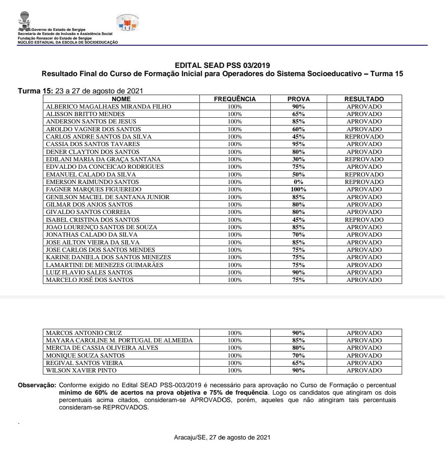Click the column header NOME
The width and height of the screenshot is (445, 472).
[x=121, y=99]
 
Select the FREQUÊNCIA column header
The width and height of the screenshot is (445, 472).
[x=234, y=99]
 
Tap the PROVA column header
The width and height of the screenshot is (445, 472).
[x=298, y=99]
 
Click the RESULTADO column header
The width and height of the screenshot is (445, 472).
[x=364, y=99]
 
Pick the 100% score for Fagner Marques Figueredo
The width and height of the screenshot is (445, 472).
[x=298, y=190]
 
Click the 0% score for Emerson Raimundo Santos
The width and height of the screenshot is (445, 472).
[x=298, y=182]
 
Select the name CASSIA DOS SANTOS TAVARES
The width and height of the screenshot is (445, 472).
[x=93, y=144]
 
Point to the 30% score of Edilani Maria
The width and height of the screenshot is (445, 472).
[x=298, y=159]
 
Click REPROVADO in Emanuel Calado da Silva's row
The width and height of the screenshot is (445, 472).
[x=364, y=174]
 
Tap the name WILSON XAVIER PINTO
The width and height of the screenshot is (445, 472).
[x=81, y=370]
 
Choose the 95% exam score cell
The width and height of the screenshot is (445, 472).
[x=298, y=144]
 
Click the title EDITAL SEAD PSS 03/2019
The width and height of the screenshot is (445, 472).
[x=222, y=65]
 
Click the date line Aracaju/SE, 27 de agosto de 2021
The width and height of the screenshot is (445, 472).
[x=222, y=437]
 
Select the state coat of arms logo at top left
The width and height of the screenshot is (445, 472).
[x=25, y=20]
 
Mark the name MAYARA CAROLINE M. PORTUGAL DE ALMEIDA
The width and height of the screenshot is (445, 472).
[x=119, y=340]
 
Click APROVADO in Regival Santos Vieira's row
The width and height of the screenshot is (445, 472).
[x=364, y=363]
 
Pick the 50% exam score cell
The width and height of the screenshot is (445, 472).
[x=298, y=174]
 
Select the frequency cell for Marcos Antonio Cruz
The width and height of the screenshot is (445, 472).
[x=234, y=333]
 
